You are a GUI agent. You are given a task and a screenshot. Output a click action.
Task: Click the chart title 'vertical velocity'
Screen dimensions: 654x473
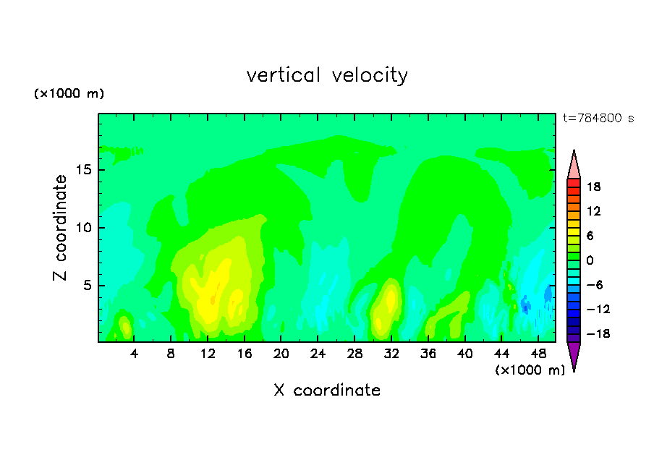[x=327, y=75]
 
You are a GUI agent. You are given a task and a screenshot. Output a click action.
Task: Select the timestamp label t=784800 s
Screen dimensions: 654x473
[x=598, y=118]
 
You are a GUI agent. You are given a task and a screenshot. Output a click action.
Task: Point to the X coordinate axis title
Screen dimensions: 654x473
[x=327, y=390]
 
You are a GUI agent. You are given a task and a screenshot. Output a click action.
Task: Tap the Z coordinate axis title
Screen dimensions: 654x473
[x=59, y=227]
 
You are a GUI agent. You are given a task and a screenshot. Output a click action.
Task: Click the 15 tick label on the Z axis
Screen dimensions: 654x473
[x=83, y=170]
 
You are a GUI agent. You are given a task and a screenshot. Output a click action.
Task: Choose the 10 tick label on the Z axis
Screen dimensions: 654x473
[x=83, y=228]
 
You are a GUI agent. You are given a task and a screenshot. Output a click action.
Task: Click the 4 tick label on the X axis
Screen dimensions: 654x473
[x=134, y=354]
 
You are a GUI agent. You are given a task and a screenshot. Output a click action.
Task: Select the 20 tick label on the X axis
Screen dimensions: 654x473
[x=281, y=354]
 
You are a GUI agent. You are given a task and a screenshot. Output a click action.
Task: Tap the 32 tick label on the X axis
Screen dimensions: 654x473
[x=391, y=354]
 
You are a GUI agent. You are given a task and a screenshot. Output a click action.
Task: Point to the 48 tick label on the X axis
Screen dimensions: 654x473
[x=538, y=354]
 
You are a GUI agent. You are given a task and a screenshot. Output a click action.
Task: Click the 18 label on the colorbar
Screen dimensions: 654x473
[x=593, y=187]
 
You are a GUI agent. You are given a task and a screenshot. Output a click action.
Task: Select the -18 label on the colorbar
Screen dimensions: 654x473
[x=598, y=333]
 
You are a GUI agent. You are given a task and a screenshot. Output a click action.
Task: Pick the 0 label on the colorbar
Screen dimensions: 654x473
[x=590, y=260]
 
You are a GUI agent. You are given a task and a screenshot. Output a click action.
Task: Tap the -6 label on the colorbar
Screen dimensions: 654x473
[x=595, y=285]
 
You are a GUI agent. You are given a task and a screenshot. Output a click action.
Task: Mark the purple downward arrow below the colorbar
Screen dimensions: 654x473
[x=574, y=354]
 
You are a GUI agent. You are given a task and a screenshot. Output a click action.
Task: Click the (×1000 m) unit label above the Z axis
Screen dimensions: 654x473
[x=69, y=93]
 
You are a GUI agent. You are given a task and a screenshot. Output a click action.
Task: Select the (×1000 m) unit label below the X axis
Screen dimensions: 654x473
[x=530, y=370]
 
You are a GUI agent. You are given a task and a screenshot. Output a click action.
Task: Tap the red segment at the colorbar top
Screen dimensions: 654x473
[x=574, y=183]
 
